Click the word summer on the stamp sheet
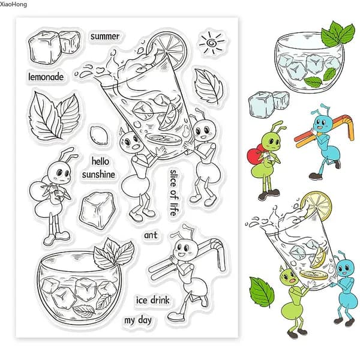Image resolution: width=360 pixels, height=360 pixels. coord(105,36)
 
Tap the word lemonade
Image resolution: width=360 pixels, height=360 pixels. coord(46,77)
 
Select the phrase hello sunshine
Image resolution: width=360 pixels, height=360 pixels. coord(99,168)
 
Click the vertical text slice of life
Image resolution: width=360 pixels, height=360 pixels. coord(173,193)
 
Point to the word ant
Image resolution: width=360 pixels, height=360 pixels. coord(151,235)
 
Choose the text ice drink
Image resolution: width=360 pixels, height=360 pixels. coord(152,300)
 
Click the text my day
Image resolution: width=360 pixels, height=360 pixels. coord(138,320)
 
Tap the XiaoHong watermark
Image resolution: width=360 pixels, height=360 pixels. coord(13,4)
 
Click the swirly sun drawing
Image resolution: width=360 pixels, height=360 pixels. coord(211,43)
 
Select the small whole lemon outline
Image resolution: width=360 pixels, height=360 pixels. coord(99,136)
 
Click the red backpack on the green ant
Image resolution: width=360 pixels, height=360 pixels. coord(254,156)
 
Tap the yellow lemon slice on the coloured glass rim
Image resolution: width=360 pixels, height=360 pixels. coord(317,206)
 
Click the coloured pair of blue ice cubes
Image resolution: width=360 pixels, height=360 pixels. coord(268,103)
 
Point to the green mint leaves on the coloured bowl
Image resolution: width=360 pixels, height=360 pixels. coord(337,34)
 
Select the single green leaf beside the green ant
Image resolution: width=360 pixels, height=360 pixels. coord(262,292)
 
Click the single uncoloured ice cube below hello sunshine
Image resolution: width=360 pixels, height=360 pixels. coord(97,211)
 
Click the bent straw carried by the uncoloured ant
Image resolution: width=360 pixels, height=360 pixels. coord(186,258)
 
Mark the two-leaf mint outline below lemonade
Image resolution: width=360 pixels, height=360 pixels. coord(54,116)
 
